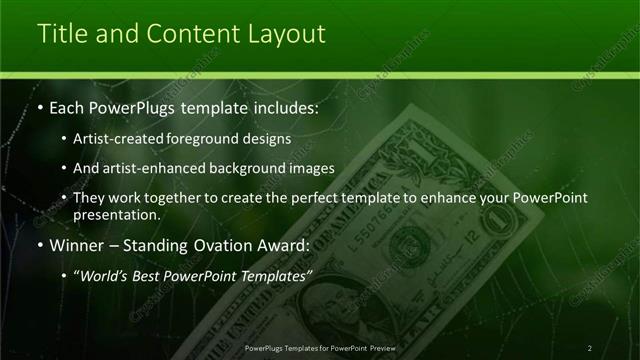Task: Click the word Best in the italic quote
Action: [x=147, y=275]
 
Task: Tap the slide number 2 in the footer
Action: [x=589, y=348]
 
